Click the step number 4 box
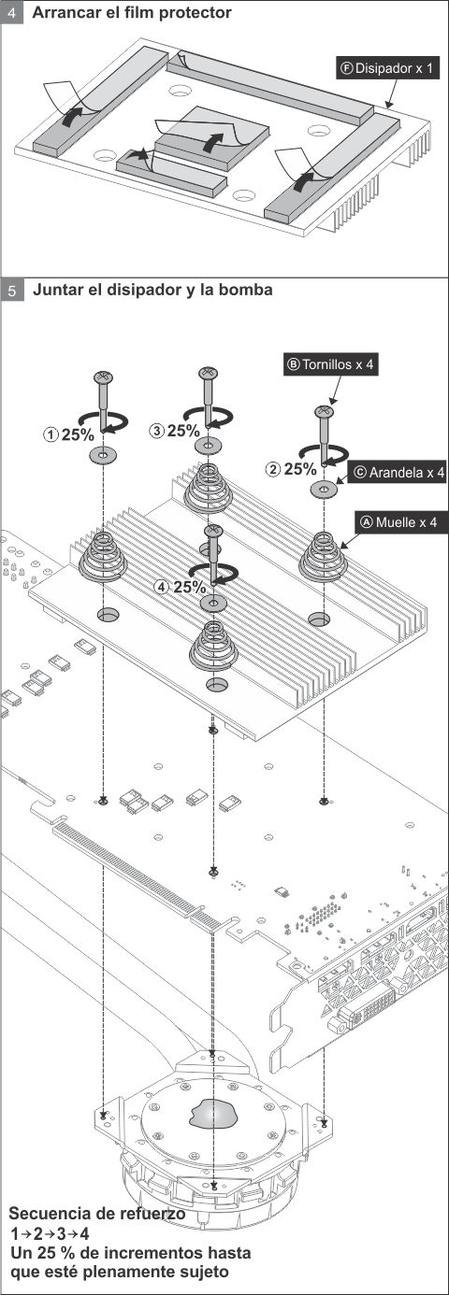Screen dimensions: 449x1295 pyautogui.click(x=12, y=12)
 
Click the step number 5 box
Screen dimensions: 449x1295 pyautogui.click(x=12, y=290)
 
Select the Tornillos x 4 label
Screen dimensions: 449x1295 pyautogui.click(x=330, y=364)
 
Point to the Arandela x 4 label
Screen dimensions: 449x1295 pyautogui.click(x=398, y=473)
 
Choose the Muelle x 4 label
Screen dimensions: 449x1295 pyautogui.click(x=398, y=522)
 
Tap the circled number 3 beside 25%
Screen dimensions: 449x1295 pyautogui.click(x=157, y=431)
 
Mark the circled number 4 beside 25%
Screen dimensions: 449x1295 pyautogui.click(x=163, y=588)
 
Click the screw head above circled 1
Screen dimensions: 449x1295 pyautogui.click(x=102, y=377)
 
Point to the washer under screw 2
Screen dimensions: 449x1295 pyautogui.click(x=324, y=490)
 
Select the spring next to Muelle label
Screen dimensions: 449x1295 pyautogui.click(x=323, y=556)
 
